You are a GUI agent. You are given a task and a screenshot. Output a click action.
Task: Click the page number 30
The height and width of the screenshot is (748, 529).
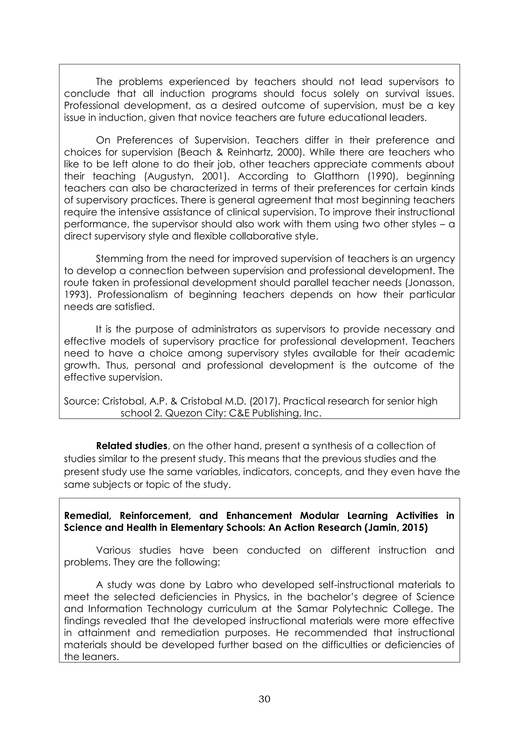(264, 699)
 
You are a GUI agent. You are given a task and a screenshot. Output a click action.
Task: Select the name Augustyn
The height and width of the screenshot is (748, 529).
(170, 176)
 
